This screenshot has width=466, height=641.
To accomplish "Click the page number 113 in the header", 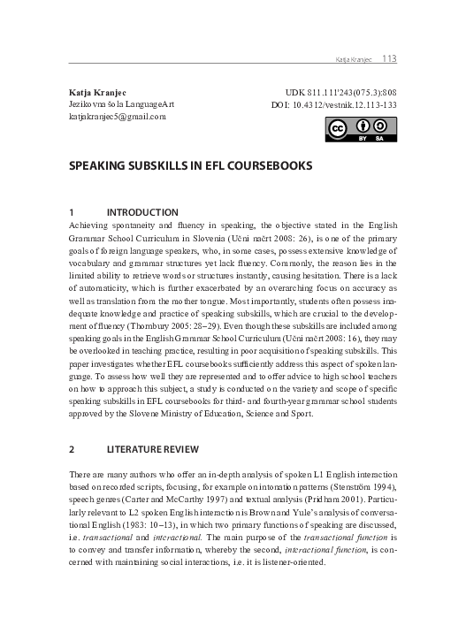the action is (x=388, y=59).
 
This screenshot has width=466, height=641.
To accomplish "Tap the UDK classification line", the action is (x=340, y=93).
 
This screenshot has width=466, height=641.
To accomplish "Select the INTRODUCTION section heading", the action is (x=141, y=212).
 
